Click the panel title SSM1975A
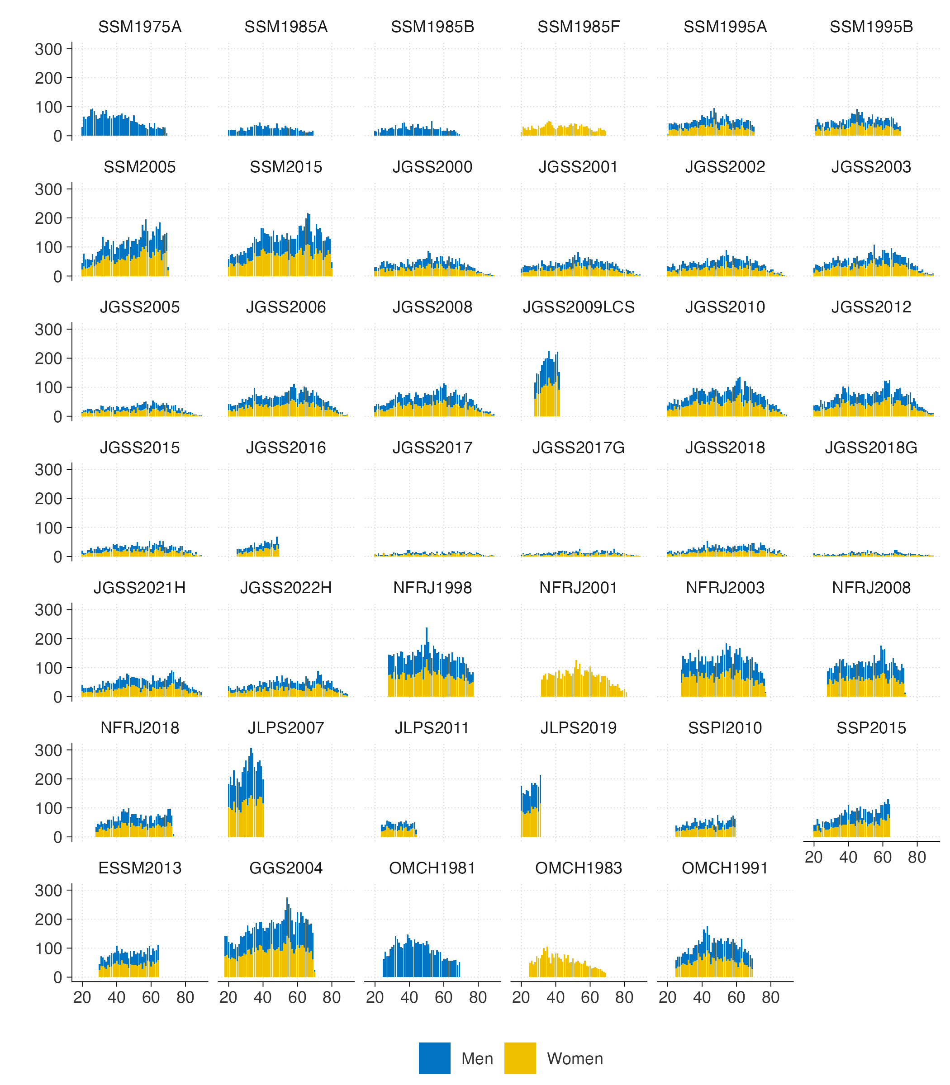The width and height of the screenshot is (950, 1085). click(x=140, y=27)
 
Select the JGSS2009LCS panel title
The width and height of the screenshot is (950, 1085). click(x=579, y=307)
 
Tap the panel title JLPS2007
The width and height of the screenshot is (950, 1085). click(x=286, y=728)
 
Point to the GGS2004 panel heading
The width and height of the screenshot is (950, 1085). click(x=286, y=868)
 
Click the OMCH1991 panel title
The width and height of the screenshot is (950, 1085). click(x=725, y=868)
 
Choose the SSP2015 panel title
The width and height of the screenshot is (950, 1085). click(x=871, y=728)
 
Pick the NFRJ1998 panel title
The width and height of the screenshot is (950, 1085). click(x=432, y=588)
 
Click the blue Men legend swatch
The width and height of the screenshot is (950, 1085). click(x=434, y=1058)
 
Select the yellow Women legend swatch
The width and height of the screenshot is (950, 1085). click(x=519, y=1058)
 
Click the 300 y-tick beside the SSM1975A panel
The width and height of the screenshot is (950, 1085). click(x=48, y=49)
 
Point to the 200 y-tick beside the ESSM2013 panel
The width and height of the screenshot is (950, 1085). click(x=48, y=920)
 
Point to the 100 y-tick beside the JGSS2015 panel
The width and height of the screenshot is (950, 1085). click(x=48, y=528)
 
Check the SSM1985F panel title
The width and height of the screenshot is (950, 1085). click(x=579, y=27)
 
